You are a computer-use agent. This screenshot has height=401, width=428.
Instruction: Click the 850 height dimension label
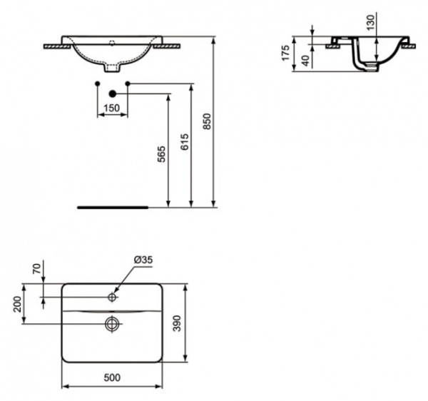(208, 123)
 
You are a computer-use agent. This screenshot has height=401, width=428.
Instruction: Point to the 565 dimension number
(160, 156)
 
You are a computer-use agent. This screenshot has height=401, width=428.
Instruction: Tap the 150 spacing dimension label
(112, 109)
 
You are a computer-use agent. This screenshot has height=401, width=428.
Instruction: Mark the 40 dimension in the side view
(306, 61)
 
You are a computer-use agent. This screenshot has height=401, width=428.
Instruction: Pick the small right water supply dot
(128, 84)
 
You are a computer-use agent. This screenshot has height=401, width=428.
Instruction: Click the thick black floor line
(113, 207)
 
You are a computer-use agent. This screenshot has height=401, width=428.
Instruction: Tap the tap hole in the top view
(113, 295)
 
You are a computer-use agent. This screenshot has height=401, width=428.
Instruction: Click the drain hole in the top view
(112, 324)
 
